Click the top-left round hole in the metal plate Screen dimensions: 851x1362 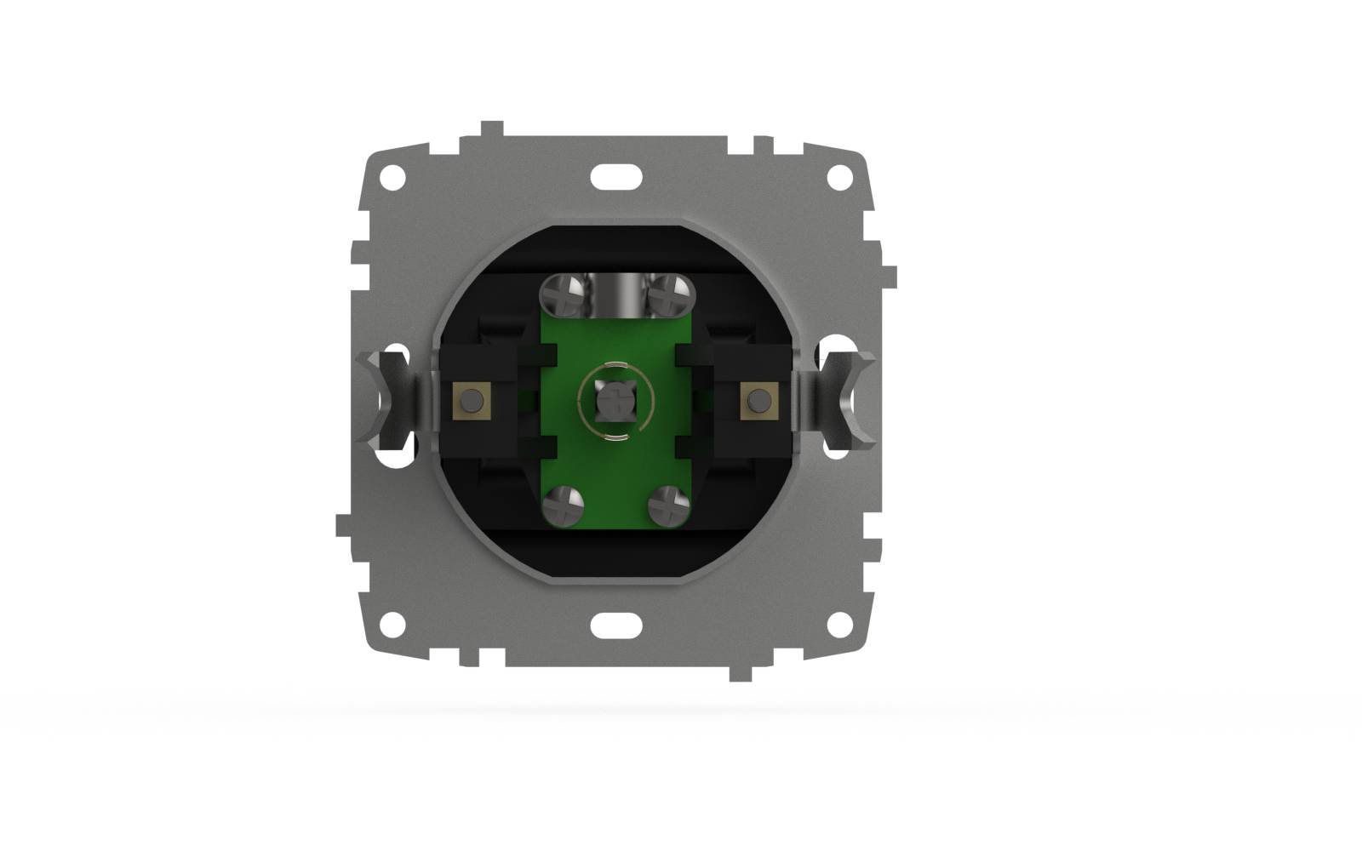pos(392,178)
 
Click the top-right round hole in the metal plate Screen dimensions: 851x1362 pos(839,178)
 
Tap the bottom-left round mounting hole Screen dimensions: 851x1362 pos(392,624)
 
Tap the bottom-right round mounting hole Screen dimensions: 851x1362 pos(839,624)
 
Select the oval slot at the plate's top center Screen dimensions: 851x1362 pos(615,177)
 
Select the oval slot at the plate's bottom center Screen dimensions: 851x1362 pos(615,625)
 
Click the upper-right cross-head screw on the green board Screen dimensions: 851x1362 pos(669,294)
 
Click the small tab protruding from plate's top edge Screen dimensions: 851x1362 pos(492,129)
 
